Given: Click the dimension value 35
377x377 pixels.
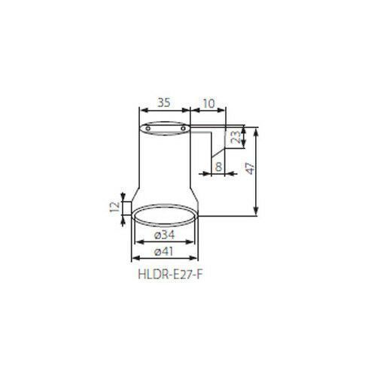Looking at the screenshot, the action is click(x=164, y=102).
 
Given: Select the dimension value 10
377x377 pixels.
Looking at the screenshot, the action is click(x=208, y=103).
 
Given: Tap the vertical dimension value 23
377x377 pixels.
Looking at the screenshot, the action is click(x=236, y=137).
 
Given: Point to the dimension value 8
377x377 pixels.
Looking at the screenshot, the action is click(x=219, y=166).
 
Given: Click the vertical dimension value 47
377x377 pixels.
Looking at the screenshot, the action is click(x=251, y=169).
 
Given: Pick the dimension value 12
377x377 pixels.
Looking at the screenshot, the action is click(x=115, y=207).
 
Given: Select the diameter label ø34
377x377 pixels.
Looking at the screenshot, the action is click(x=164, y=235).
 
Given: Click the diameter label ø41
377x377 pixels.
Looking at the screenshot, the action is click(x=164, y=251).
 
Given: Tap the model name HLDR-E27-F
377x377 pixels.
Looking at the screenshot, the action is click(x=170, y=274).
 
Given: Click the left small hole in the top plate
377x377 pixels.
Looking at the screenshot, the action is click(x=148, y=129).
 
